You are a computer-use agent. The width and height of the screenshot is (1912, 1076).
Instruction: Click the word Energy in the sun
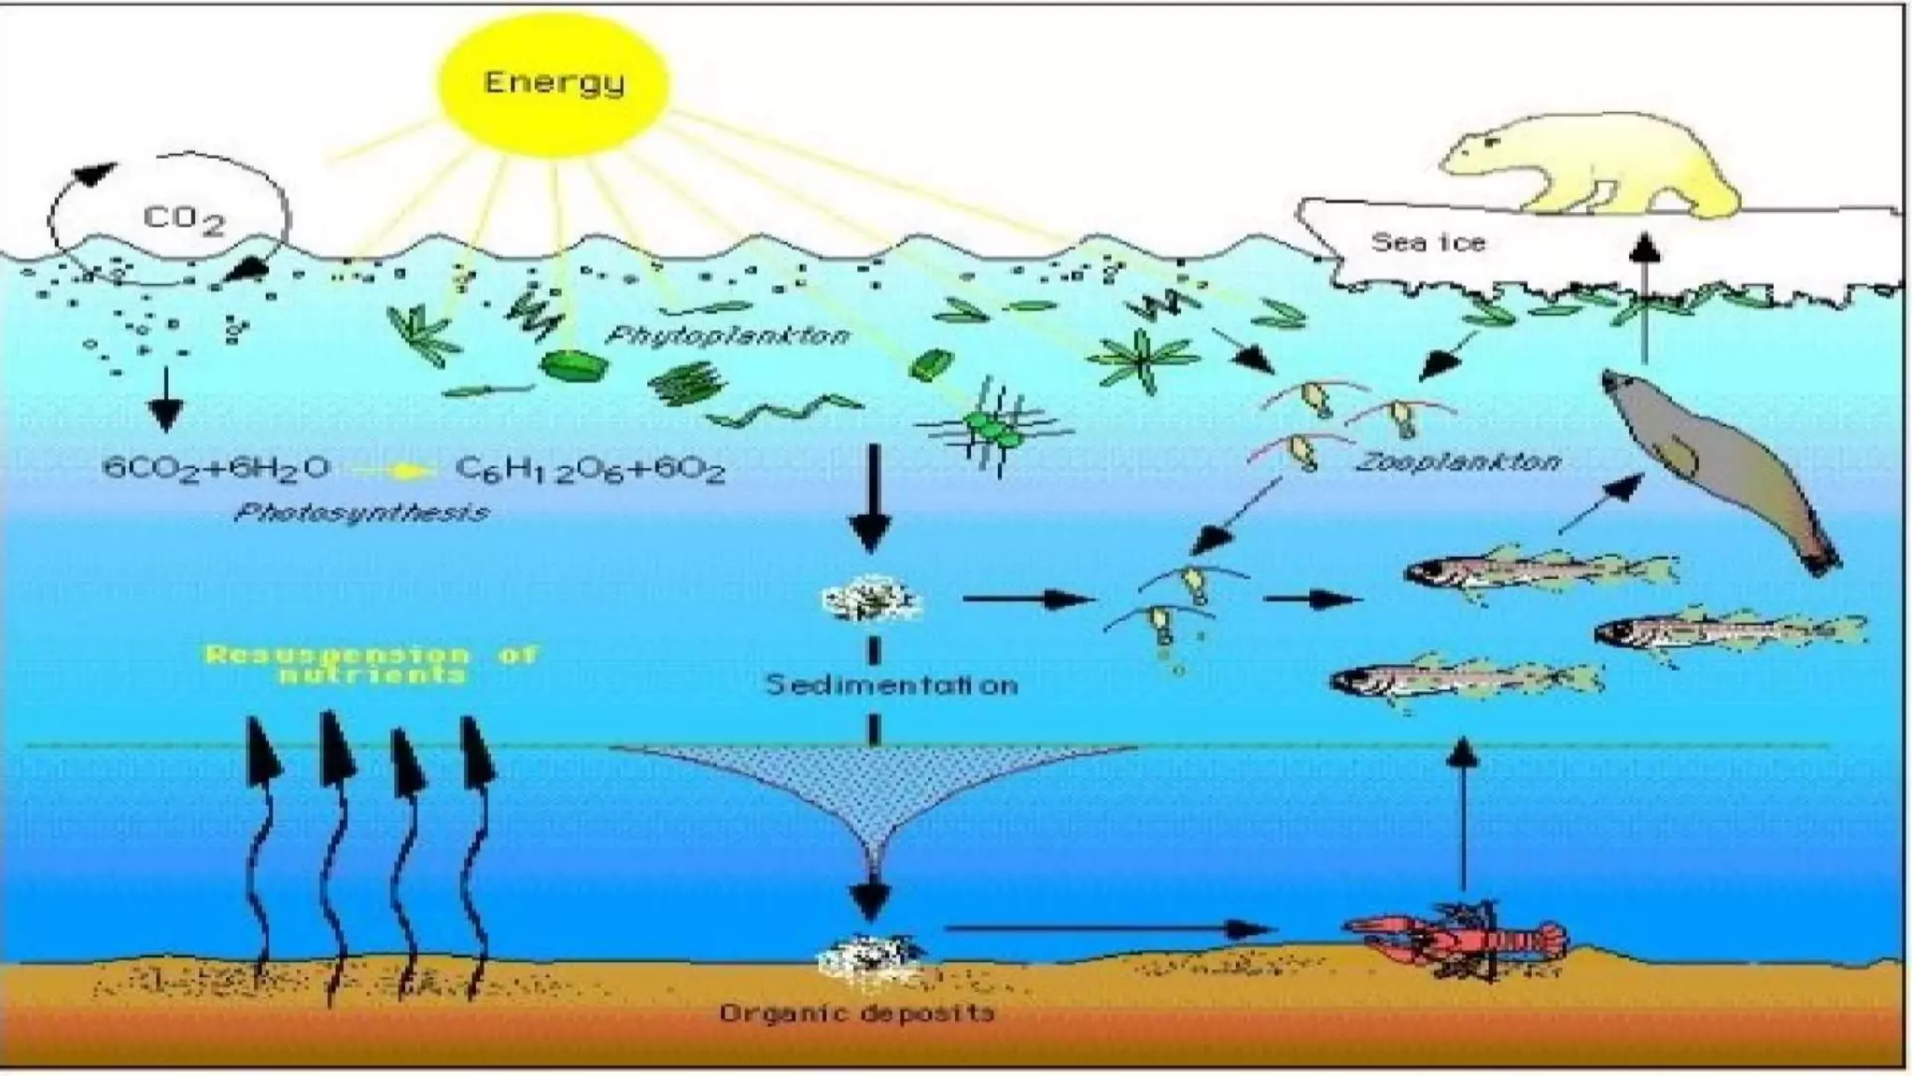click(x=554, y=83)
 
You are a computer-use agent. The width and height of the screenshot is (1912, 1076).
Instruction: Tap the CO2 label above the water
click(x=184, y=220)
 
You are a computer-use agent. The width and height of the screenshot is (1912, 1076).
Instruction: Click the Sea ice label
click(x=1427, y=243)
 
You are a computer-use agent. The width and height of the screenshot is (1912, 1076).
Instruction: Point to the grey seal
click(x=1718, y=467)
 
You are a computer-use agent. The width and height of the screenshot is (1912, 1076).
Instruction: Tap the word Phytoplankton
click(x=728, y=335)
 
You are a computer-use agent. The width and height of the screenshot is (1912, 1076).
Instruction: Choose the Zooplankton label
click(x=1457, y=461)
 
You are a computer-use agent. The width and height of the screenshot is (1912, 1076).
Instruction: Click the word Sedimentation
click(x=892, y=686)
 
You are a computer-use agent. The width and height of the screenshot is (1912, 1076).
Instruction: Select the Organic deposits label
click(x=856, y=1012)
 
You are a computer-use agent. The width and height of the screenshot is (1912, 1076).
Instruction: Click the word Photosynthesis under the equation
click(x=362, y=513)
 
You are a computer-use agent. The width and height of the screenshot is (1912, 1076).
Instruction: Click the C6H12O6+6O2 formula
click(x=590, y=469)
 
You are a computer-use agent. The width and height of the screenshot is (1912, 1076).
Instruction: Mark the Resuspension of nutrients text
click(x=372, y=663)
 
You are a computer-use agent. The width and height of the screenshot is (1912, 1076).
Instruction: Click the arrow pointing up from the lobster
click(x=1463, y=813)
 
